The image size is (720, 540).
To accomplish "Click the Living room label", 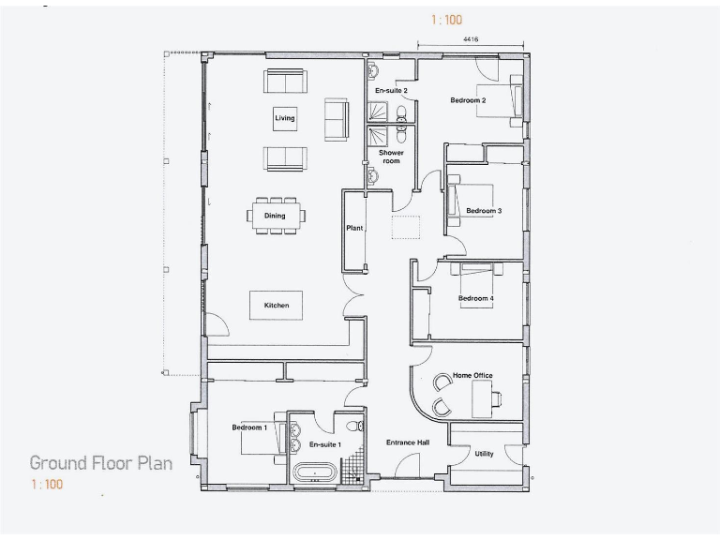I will [x=284, y=118].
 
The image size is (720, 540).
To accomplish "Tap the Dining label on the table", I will [x=275, y=216].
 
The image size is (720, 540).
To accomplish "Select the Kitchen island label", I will [x=276, y=306].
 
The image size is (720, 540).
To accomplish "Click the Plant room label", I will [x=354, y=228].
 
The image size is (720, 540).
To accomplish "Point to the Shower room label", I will [x=391, y=157].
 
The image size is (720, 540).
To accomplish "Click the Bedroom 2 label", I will [x=467, y=100].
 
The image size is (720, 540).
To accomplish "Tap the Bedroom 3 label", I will [x=484, y=211].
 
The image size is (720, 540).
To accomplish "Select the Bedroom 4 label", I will [x=475, y=299].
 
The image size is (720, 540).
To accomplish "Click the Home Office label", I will [x=472, y=376].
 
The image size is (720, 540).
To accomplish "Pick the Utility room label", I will [x=484, y=454].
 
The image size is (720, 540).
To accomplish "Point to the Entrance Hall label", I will [x=408, y=442].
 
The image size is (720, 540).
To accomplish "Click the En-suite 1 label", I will [x=324, y=444].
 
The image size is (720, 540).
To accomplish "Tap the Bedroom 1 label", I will [x=249, y=427].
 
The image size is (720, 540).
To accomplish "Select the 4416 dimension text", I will [x=472, y=39].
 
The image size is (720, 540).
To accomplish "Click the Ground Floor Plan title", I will [x=100, y=463].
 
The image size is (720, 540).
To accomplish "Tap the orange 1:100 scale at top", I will [x=446, y=20].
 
